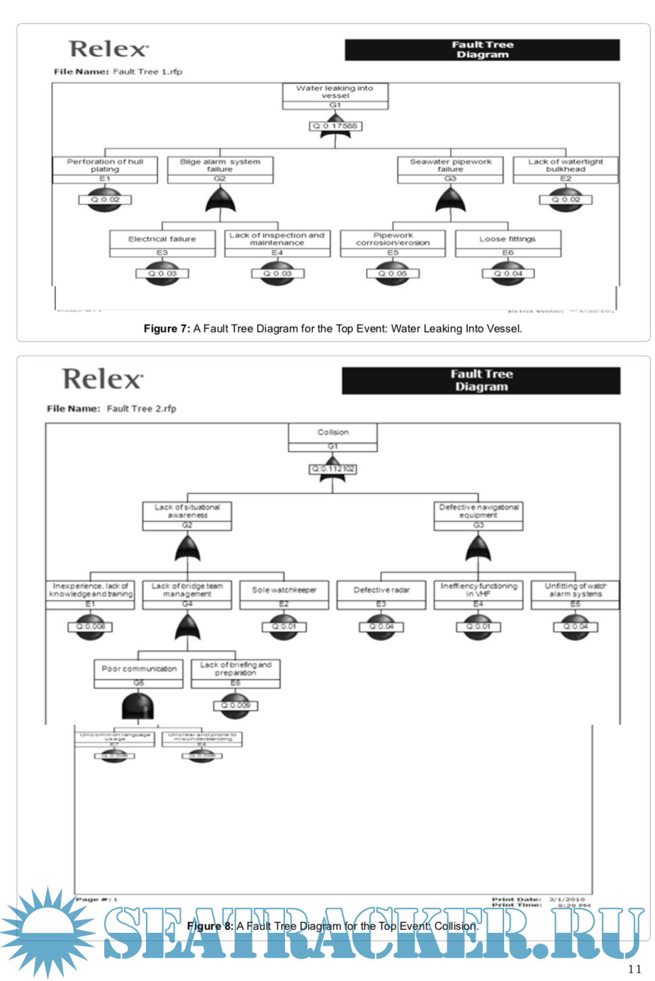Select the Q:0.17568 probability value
tap(335, 126)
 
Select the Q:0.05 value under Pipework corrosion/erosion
tap(393, 274)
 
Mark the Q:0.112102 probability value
tap(333, 469)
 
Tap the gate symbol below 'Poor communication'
tap(138, 707)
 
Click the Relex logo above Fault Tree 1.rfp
tap(109, 49)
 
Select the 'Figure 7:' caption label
tap(167, 329)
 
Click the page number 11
tap(634, 969)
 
